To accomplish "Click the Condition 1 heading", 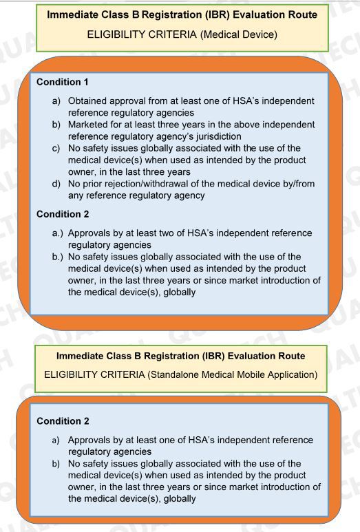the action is pyautogui.click(x=62, y=81).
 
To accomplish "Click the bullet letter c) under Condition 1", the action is pyautogui.click(x=57, y=148).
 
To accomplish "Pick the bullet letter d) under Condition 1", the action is pyautogui.click(x=57, y=184).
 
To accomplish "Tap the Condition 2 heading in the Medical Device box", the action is pyautogui.click(x=62, y=214).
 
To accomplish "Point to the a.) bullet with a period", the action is pyautogui.click(x=57, y=233).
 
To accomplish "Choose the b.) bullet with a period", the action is pyautogui.click(x=57, y=257).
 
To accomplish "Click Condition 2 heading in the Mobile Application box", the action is pyautogui.click(x=62, y=421).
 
